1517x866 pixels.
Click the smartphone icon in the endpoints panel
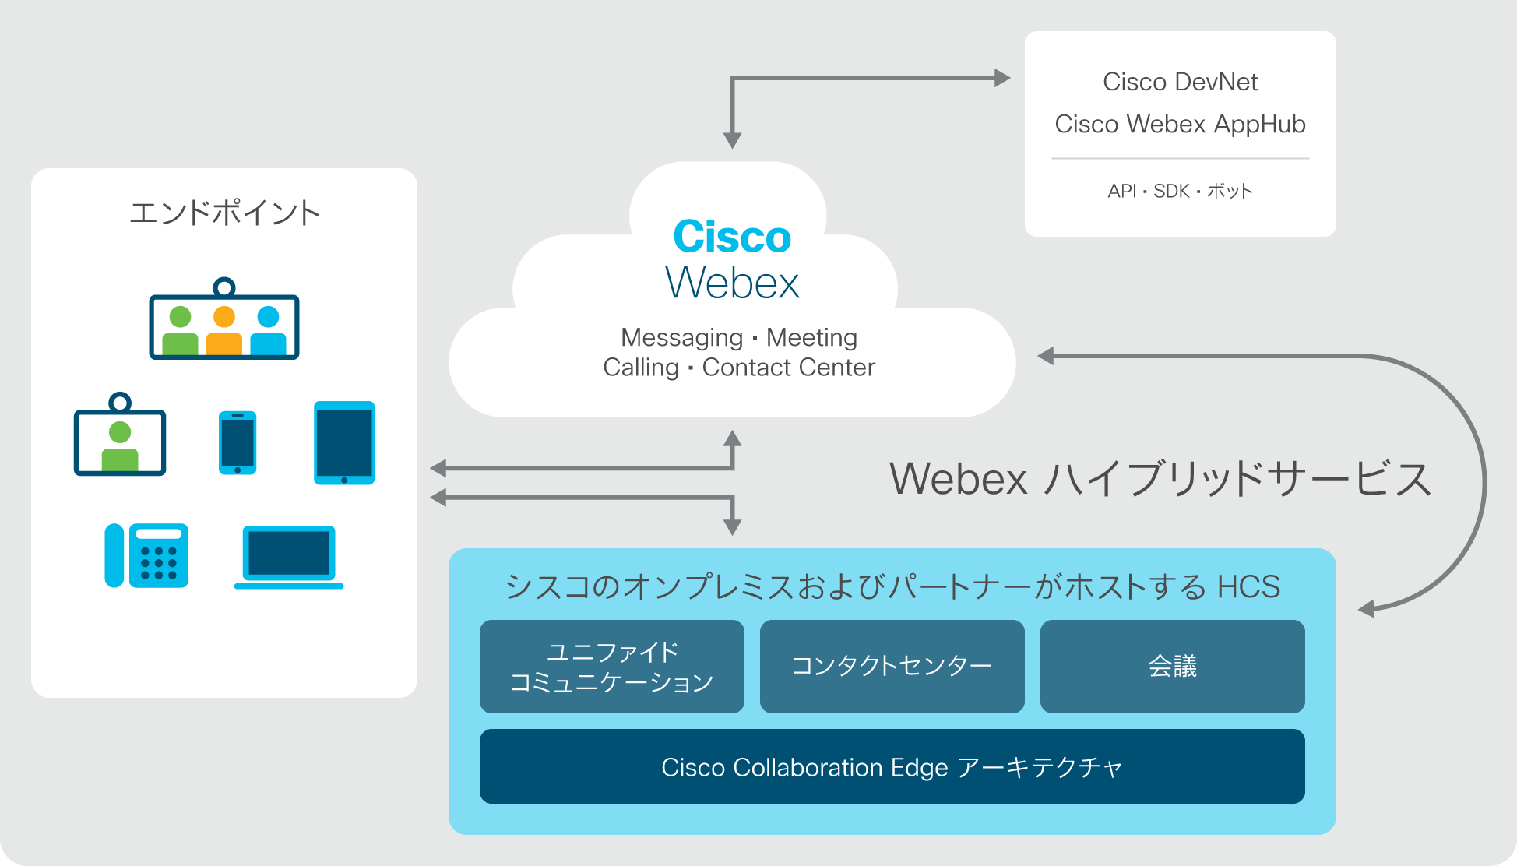(238, 442)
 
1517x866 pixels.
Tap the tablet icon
(344, 443)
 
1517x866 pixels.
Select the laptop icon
(289, 557)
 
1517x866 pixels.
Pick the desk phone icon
(146, 555)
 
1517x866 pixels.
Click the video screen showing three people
(224, 319)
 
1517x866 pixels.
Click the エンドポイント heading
(224, 213)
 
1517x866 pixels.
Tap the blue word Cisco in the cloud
(732, 237)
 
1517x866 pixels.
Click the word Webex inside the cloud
(732, 282)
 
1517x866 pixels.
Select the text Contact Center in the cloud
(789, 368)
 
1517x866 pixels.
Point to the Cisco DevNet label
(1181, 82)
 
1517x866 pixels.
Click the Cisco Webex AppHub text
(1181, 125)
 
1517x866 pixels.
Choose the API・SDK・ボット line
(1181, 191)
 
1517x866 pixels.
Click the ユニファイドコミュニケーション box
(612, 667)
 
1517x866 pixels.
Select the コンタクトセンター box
(892, 667)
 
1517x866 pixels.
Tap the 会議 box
(1173, 667)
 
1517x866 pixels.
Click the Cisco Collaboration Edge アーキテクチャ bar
(892, 766)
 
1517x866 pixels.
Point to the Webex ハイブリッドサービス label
(1160, 478)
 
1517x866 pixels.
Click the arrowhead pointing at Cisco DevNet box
(1003, 78)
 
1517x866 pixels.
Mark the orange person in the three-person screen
(224, 330)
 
